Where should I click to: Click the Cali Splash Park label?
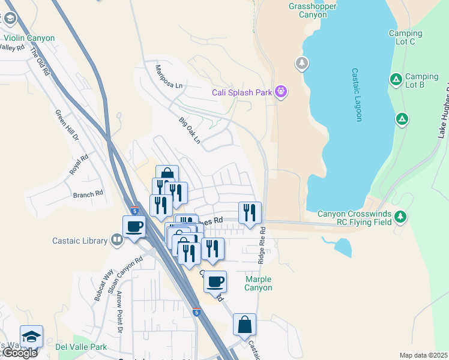click(242, 92)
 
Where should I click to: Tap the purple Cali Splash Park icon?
click(281, 92)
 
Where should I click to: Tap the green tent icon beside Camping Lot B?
click(396, 79)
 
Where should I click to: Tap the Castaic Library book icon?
click(117, 241)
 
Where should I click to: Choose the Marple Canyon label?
click(258, 283)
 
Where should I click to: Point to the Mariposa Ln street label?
click(168, 77)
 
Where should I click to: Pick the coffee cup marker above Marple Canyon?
click(215, 281)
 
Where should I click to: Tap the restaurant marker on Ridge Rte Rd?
click(250, 212)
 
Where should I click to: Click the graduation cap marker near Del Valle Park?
click(31, 336)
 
